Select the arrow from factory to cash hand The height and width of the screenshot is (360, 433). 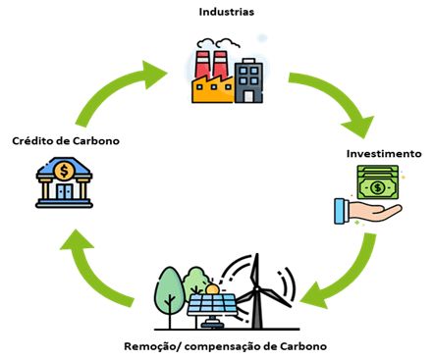(x=334, y=98)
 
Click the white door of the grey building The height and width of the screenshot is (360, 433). (x=249, y=96)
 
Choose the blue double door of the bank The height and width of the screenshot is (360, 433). (x=65, y=192)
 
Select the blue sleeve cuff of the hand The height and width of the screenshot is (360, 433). (x=341, y=211)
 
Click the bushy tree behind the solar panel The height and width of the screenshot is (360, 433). (x=195, y=283)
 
